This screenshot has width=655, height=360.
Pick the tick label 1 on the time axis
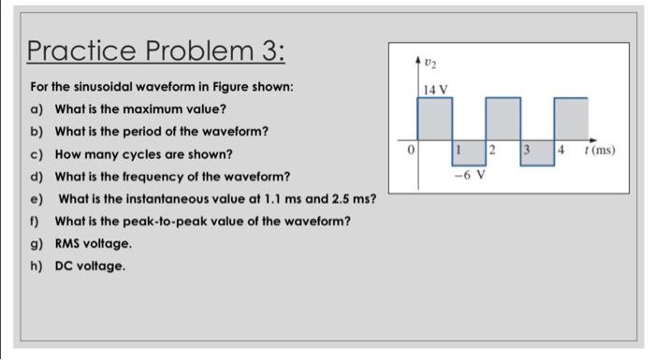(458, 150)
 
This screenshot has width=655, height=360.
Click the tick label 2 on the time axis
(492, 150)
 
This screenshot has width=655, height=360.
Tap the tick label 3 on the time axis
(526, 150)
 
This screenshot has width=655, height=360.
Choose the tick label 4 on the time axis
(560, 150)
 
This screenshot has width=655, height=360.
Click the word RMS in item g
(69, 243)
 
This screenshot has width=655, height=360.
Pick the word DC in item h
(65, 266)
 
